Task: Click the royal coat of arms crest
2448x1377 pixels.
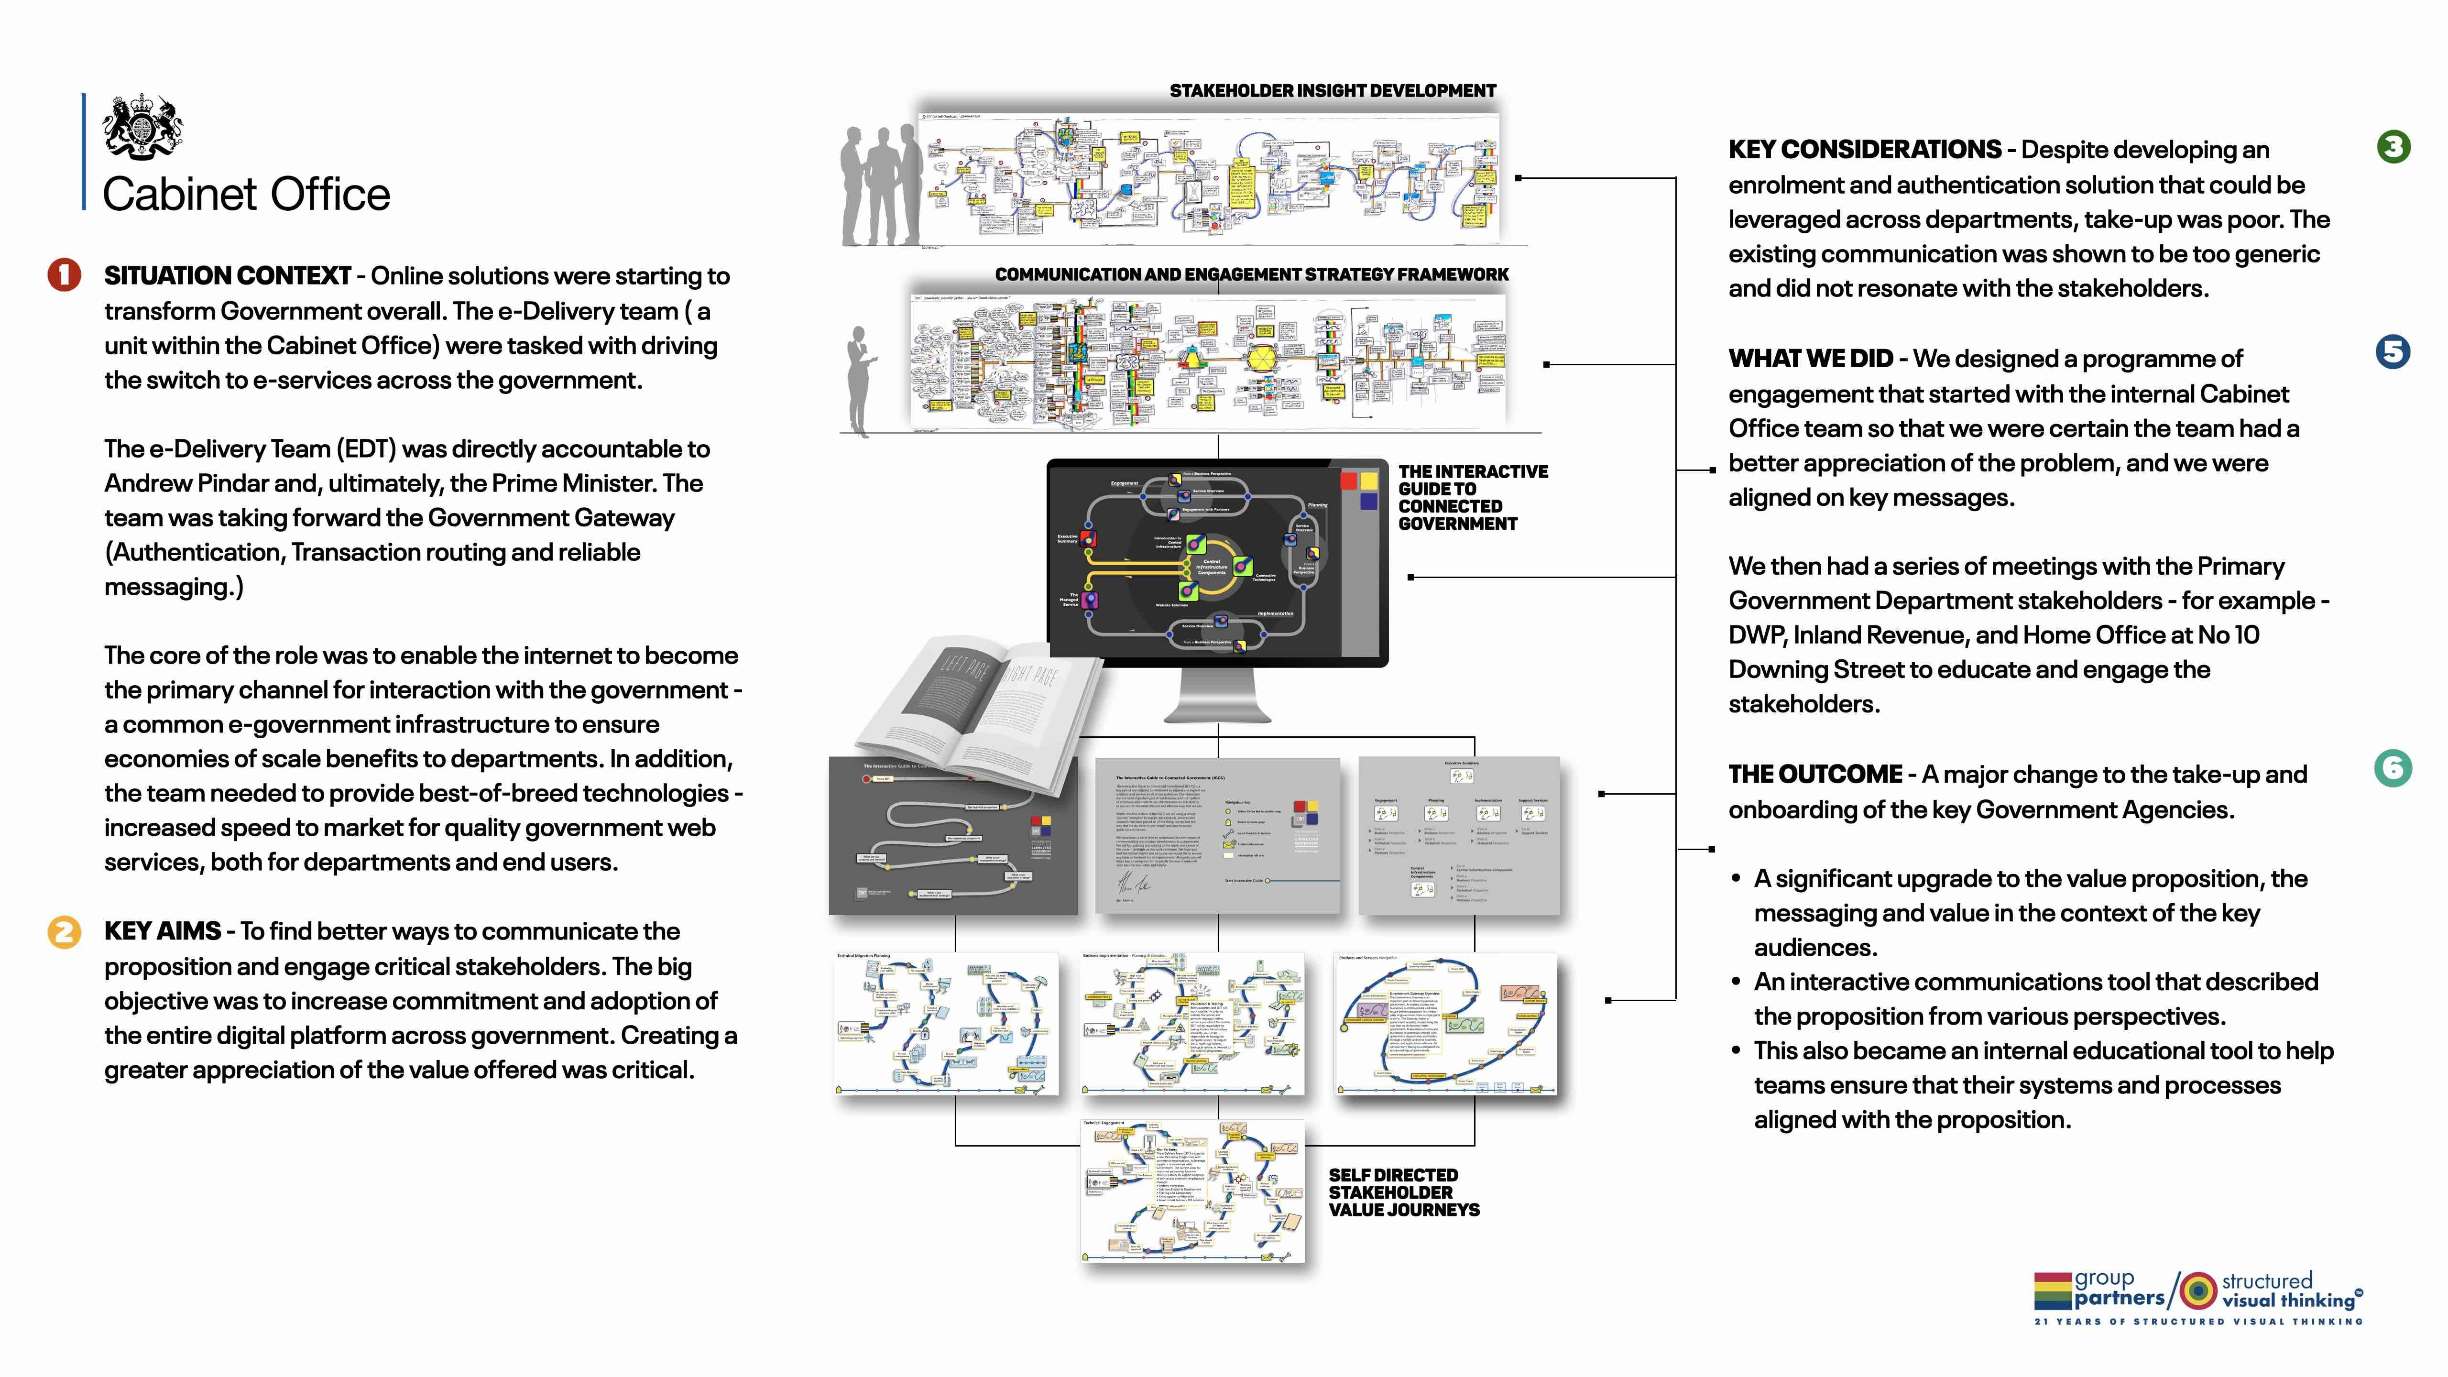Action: [x=142, y=126]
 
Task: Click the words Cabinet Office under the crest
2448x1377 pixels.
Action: [x=246, y=195]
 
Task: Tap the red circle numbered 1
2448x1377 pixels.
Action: [x=64, y=274]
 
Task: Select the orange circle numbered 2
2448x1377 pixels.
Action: [x=64, y=931]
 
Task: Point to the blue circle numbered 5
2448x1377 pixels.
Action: [x=2393, y=351]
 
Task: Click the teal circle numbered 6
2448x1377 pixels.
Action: [x=2393, y=768]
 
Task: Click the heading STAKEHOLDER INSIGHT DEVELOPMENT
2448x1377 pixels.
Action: [x=1333, y=91]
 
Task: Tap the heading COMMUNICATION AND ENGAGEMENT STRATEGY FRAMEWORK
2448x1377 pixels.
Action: [x=1252, y=274]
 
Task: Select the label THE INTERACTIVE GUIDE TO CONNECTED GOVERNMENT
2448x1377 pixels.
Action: [x=1471, y=497]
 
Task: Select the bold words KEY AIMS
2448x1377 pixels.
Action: [x=163, y=931]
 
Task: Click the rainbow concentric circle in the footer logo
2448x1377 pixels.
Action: [x=2196, y=1290]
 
